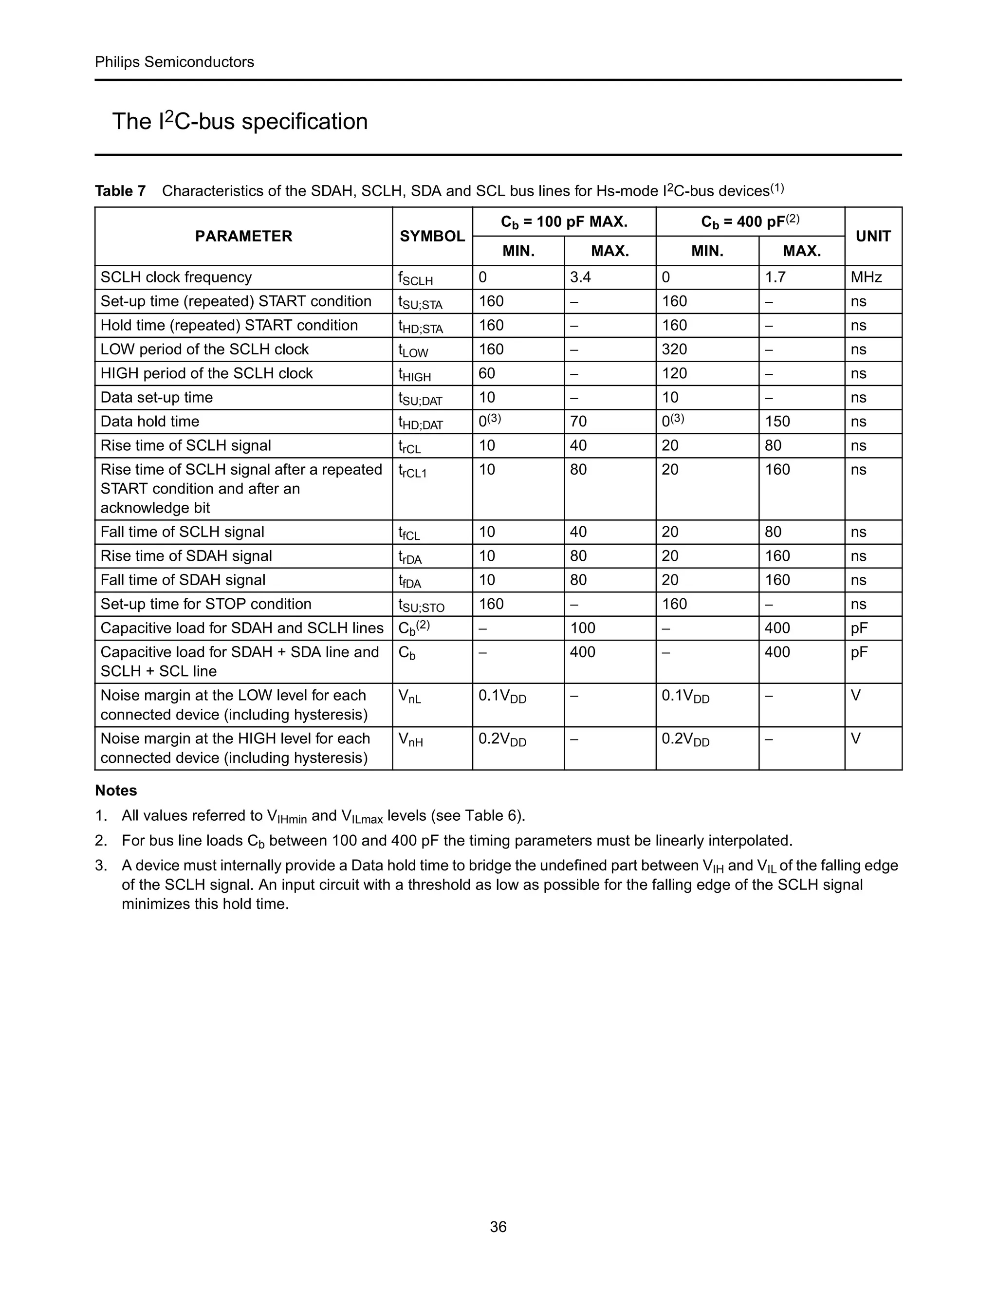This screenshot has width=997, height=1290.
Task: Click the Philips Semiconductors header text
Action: (x=174, y=62)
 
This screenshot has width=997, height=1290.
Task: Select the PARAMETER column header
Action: (x=243, y=236)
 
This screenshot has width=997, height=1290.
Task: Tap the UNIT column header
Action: (x=873, y=236)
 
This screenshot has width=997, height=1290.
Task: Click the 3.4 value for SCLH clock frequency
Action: (x=581, y=277)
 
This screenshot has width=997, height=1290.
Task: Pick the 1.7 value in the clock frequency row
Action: (x=775, y=277)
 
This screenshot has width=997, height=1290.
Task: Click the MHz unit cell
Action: (x=866, y=277)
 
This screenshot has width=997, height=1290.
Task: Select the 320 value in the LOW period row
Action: (x=674, y=350)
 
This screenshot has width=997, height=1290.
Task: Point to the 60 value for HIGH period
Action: (x=487, y=374)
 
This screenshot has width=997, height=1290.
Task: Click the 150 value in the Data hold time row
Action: (x=777, y=422)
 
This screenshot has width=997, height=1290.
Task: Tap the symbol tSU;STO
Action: (x=421, y=606)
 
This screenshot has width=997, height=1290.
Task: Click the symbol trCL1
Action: (x=412, y=471)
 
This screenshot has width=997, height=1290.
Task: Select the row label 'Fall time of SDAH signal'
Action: (x=183, y=580)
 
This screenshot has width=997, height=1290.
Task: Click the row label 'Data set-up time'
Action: (x=157, y=398)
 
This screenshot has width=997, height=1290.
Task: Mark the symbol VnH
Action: (x=410, y=739)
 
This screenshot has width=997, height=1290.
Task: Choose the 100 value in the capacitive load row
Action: (x=582, y=628)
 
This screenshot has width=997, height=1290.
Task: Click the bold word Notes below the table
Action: (x=116, y=790)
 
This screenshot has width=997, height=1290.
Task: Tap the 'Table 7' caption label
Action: (x=121, y=191)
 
